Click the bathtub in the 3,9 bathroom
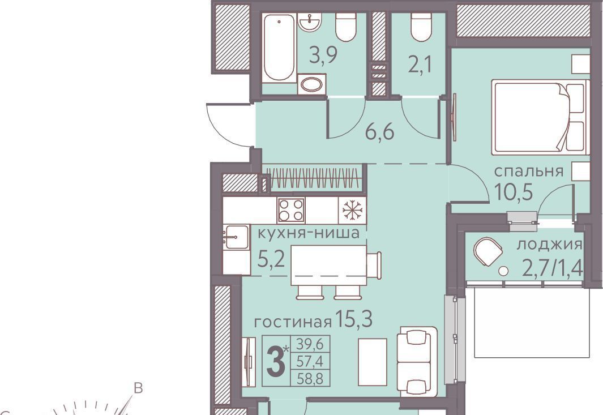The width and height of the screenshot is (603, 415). [279, 48]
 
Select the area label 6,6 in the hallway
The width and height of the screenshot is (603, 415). [379, 132]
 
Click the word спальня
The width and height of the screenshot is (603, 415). [529, 171]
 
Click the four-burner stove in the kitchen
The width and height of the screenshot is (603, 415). [290, 210]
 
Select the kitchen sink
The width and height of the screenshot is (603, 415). [236, 237]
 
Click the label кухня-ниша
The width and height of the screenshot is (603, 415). [309, 233]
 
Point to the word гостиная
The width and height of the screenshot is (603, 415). [293, 322]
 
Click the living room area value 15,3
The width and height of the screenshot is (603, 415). [353, 319]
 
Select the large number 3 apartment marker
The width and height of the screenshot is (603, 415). [275, 362]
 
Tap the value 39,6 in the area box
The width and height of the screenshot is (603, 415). [310, 344]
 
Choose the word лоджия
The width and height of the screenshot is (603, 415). [549, 245]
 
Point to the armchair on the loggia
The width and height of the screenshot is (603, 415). [487, 251]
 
